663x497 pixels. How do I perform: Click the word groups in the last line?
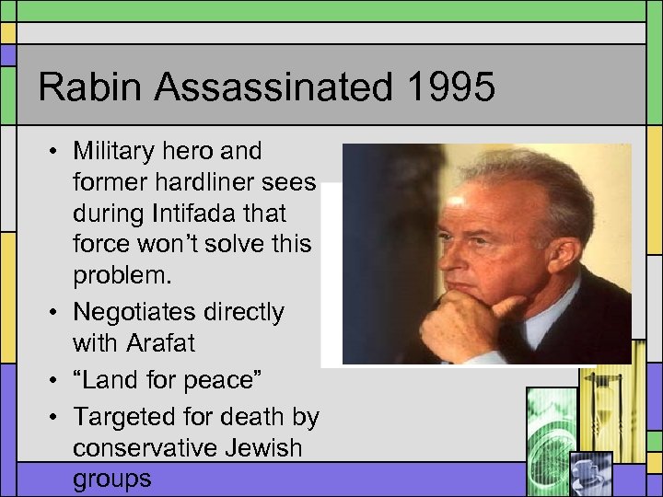click(x=111, y=479)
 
